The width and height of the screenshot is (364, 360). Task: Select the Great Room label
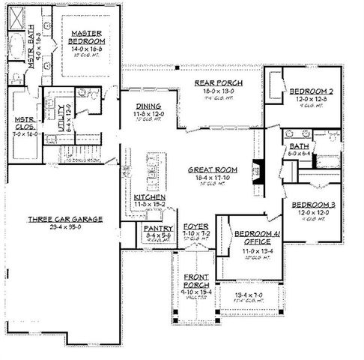[x=213, y=170]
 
